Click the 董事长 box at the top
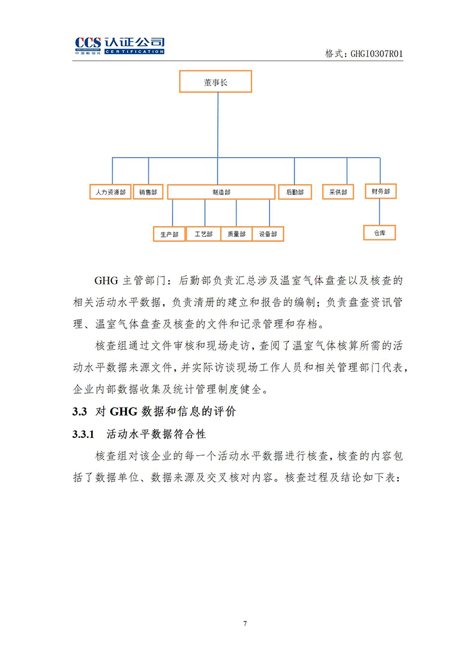pyautogui.click(x=215, y=81)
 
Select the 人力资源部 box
pyautogui.click(x=111, y=192)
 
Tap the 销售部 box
pyautogui.click(x=148, y=192)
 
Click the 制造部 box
pyautogui.click(x=221, y=192)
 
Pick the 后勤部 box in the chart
pyautogui.click(x=295, y=192)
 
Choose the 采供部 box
pyautogui.click(x=338, y=192)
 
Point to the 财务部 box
pyautogui.click(x=381, y=192)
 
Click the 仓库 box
pyautogui.click(x=380, y=233)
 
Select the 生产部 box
pyautogui.click(x=169, y=234)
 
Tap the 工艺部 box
pyautogui.click(x=203, y=234)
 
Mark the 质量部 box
pyautogui.click(x=236, y=234)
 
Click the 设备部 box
pyautogui.click(x=268, y=234)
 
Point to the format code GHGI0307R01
pyautogui.click(x=377, y=54)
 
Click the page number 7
pyautogui.click(x=245, y=623)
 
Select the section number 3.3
pyautogui.click(x=80, y=412)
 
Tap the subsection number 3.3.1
pyautogui.click(x=83, y=434)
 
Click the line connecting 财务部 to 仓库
pyautogui.click(x=379, y=212)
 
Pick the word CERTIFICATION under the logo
pyautogui.click(x=134, y=52)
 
